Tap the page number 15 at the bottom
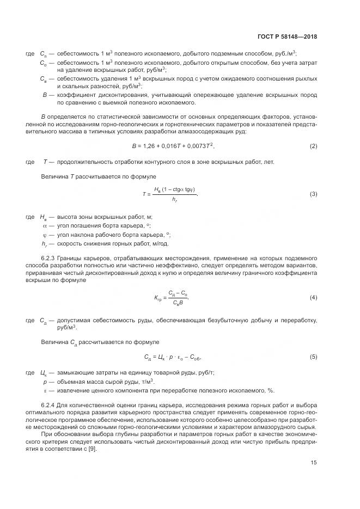click(314, 463)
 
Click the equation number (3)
click(314, 194)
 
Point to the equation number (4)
click(314, 298)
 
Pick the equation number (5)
click(314, 357)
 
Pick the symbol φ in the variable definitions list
click(45, 235)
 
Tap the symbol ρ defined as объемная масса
click(45, 383)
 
